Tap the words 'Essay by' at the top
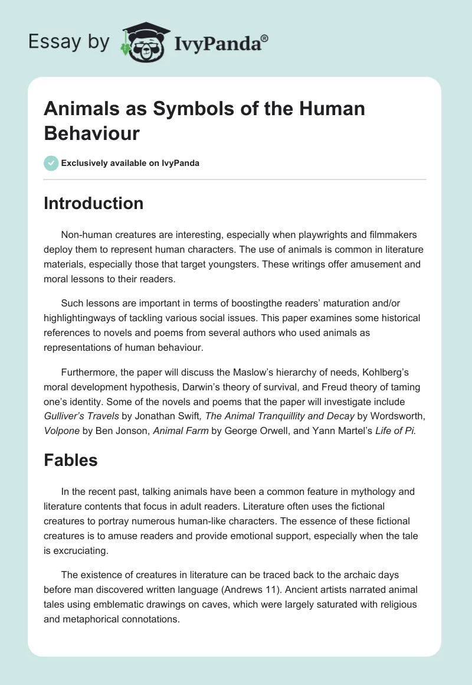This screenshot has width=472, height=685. tap(69, 42)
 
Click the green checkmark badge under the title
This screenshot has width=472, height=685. tap(51, 163)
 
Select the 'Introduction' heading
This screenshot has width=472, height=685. tap(94, 203)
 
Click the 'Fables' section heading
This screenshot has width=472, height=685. tap(71, 461)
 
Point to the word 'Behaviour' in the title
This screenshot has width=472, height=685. tap(92, 133)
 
